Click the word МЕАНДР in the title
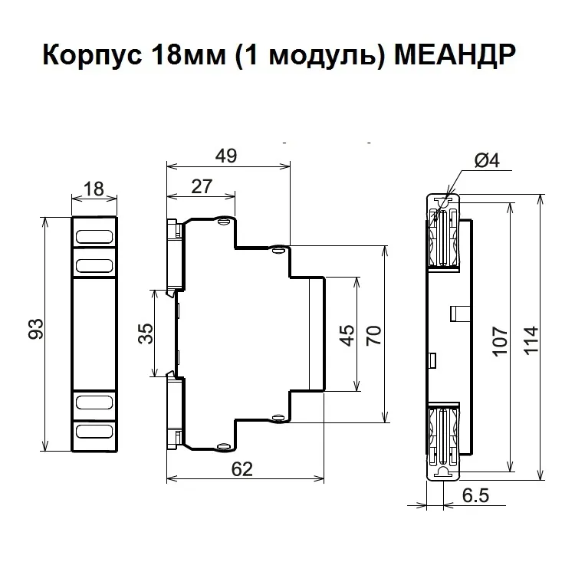455,55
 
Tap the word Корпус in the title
92,56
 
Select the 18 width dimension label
94,189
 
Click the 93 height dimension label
36,329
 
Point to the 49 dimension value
226,156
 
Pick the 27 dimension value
202,186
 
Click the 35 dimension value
146,333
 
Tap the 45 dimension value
347,335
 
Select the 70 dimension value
373,335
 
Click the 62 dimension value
242,469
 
